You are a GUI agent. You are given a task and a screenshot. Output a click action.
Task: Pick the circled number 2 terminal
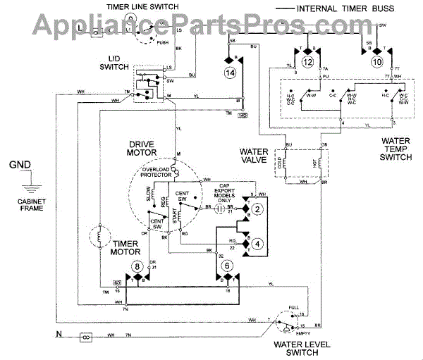[258, 209]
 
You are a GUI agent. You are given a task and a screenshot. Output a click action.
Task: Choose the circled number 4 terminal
[258, 244]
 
